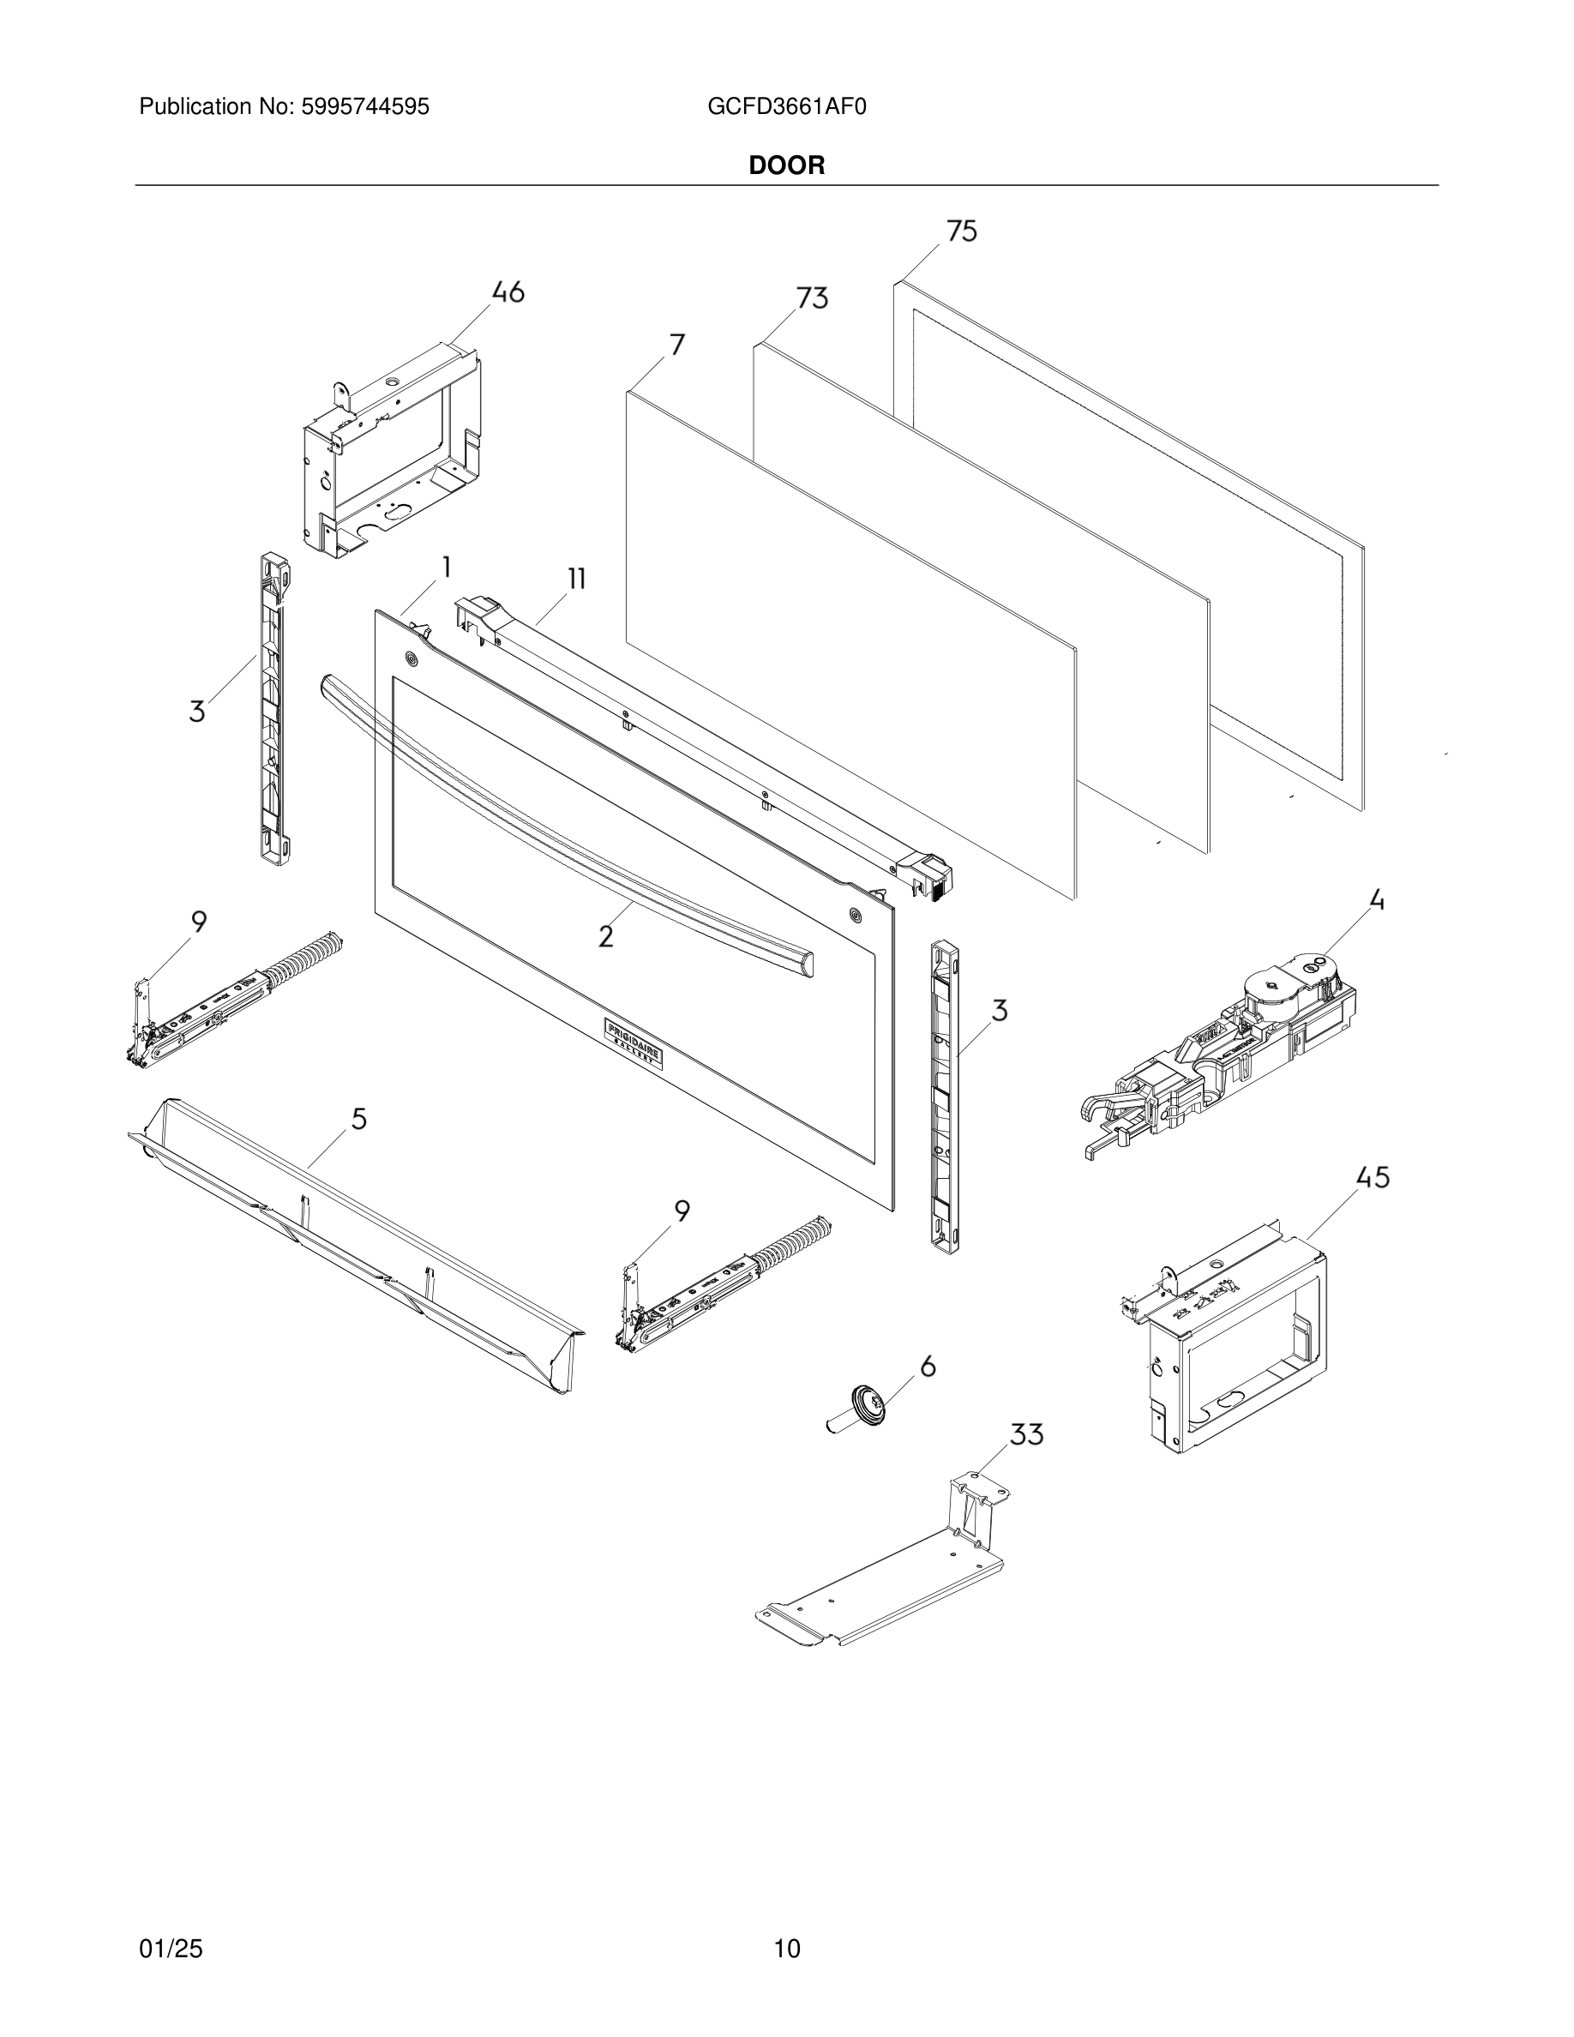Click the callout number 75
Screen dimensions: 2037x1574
(961, 231)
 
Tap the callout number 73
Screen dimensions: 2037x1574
(811, 298)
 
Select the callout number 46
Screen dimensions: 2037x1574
(508, 292)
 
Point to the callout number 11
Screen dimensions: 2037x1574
(576, 579)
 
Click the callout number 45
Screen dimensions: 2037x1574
(1373, 1178)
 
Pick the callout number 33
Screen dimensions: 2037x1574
(1027, 1434)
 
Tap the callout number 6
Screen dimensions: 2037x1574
(927, 1367)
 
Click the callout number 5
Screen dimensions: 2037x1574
(359, 1118)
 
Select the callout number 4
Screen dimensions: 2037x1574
(1376, 901)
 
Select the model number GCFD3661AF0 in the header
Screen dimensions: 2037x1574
(787, 107)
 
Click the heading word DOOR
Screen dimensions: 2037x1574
(787, 166)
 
